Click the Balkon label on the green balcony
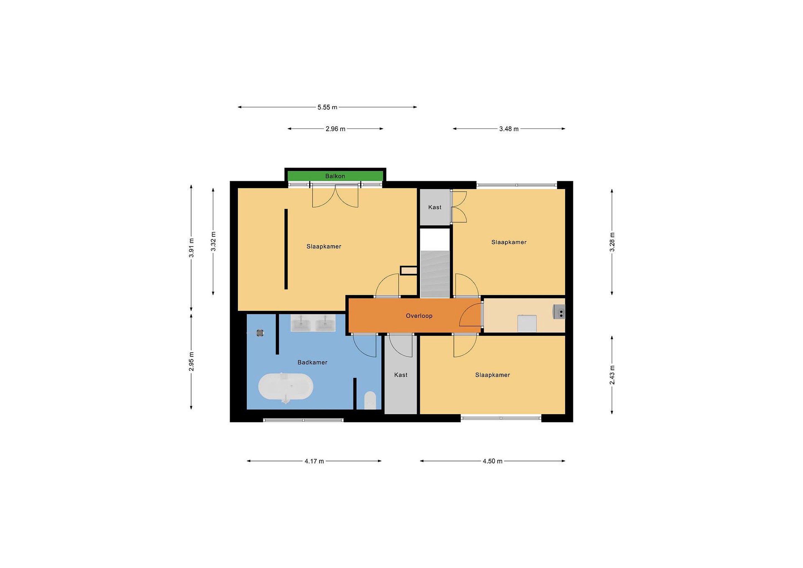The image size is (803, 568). point(335,176)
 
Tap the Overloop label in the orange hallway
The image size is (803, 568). point(419,316)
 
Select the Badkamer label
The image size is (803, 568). point(312,362)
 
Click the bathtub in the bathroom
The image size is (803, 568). point(286,386)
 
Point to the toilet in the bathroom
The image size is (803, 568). point(370,400)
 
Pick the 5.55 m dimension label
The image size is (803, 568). point(327,107)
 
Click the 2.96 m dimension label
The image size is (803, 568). point(335,129)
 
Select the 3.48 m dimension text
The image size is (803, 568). point(509,129)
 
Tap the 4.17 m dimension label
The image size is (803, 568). point(314,461)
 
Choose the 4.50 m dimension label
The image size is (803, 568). point(492,461)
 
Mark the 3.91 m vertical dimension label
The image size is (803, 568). point(191,248)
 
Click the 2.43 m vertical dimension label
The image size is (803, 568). point(612,375)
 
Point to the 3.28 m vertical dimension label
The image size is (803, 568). point(612,242)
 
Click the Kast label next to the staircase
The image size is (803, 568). point(435,207)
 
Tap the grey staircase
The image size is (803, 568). point(435,274)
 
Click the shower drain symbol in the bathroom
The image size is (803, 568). point(260,333)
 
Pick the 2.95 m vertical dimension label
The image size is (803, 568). point(191,362)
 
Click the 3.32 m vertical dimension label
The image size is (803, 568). point(213,241)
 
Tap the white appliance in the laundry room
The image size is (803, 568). point(527,323)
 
